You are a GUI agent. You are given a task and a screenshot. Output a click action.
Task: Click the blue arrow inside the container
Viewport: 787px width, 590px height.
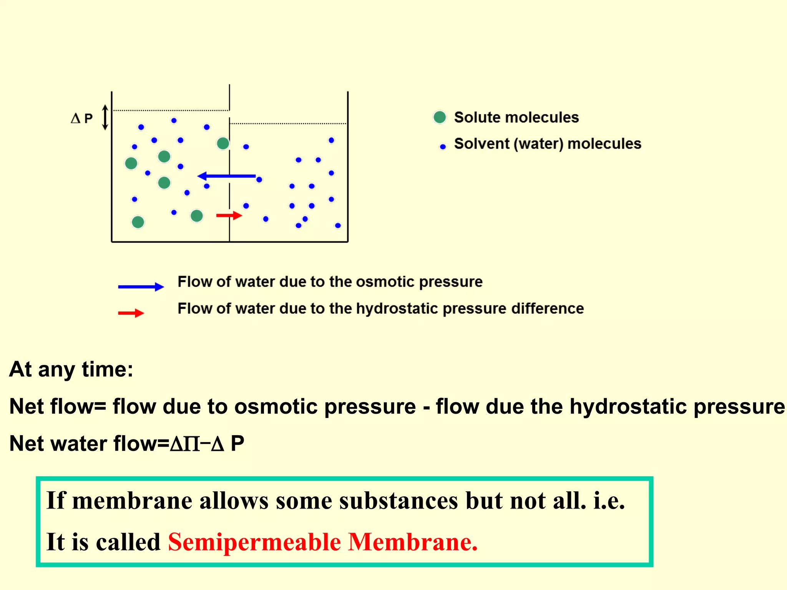click(x=227, y=176)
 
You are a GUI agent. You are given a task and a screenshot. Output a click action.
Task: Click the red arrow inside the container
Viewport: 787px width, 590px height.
click(x=229, y=215)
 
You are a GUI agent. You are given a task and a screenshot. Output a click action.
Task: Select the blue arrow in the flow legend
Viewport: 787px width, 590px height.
click(x=141, y=287)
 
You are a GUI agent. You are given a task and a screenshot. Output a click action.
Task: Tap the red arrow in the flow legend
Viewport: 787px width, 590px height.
click(x=131, y=313)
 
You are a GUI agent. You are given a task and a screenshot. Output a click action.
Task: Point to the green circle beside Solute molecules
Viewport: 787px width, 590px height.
click(x=440, y=117)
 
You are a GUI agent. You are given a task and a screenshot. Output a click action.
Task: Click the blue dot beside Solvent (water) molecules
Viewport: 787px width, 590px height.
click(x=443, y=146)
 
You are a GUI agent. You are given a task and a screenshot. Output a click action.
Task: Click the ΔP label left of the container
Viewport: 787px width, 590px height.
click(x=82, y=118)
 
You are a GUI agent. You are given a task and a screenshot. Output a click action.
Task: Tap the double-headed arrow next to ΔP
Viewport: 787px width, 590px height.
click(x=105, y=117)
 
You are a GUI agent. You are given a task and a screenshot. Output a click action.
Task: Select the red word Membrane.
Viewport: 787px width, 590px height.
click(x=413, y=542)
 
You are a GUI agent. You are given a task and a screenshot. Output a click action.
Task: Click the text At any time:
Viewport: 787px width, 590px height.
click(x=71, y=370)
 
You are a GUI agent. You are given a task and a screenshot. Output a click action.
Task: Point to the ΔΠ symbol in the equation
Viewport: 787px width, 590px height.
click(x=185, y=444)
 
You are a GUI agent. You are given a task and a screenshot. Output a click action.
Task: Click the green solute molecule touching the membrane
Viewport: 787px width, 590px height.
click(x=223, y=144)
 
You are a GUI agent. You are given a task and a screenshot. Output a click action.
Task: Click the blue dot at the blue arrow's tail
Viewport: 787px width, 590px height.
click(x=259, y=179)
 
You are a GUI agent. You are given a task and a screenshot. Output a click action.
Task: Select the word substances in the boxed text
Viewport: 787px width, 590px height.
click(x=398, y=501)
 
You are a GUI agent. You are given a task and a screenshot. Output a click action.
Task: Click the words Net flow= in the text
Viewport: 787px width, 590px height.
click(x=58, y=406)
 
